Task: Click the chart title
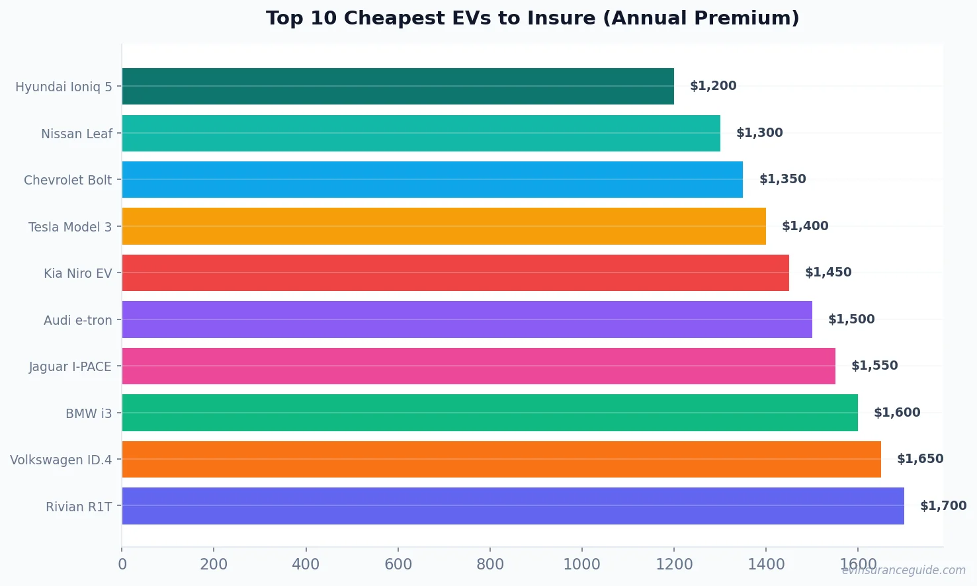tap(532, 18)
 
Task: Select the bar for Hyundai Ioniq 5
tap(398, 86)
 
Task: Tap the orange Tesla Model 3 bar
tap(444, 226)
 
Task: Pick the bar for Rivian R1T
tap(513, 506)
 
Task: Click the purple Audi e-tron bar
tap(467, 319)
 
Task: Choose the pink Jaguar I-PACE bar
tap(478, 366)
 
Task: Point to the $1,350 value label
tap(783, 179)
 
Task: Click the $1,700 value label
tap(943, 506)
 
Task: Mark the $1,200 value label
tap(713, 86)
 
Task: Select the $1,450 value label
tap(828, 272)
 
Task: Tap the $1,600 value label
tap(897, 413)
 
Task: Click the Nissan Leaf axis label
tap(77, 134)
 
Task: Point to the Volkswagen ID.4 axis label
tap(61, 460)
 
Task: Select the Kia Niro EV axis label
tap(78, 273)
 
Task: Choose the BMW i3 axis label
tap(89, 413)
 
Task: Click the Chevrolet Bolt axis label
tap(67, 180)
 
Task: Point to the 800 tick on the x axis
tap(490, 564)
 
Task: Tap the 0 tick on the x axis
tap(122, 564)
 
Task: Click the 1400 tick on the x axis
tap(766, 564)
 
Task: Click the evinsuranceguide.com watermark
tap(904, 570)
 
